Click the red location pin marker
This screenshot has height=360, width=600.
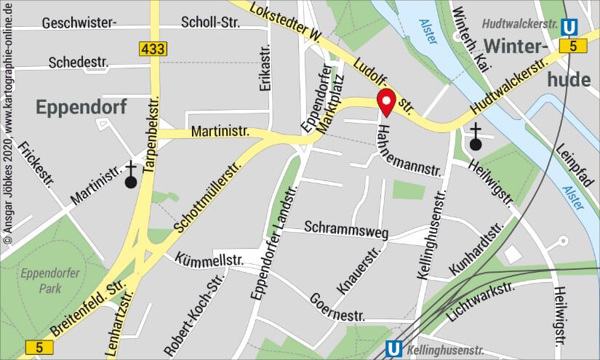point(385,102)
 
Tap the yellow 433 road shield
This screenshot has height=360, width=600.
point(153,49)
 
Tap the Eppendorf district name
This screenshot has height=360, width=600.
point(81,108)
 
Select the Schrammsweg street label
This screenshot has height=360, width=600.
point(346,228)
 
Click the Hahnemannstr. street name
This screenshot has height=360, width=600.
point(409,150)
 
